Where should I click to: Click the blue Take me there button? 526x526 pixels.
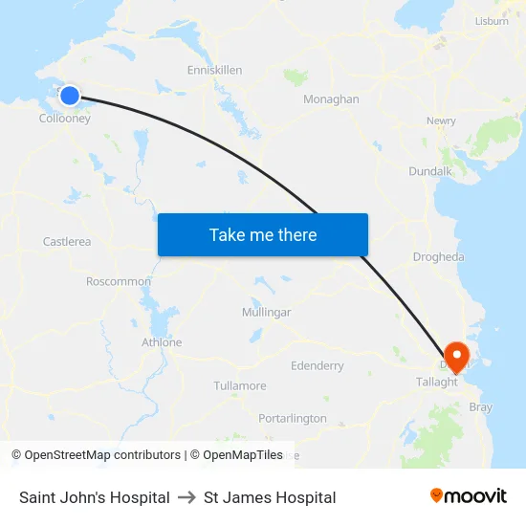coord(263,235)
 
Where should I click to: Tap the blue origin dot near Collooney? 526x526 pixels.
coord(70,96)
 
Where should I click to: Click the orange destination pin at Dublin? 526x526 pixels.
coord(456,355)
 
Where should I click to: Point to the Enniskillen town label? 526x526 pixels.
coord(214,70)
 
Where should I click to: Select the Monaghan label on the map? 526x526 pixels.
coord(331,99)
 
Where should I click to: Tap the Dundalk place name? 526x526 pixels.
coord(429,171)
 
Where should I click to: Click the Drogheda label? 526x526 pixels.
coord(438,257)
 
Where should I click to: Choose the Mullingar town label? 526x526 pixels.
coord(266,313)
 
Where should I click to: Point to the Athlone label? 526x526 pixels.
coord(162,342)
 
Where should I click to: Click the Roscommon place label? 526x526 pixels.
coord(119,282)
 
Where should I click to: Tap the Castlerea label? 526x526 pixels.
coord(67,242)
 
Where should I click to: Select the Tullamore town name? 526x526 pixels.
coord(240,386)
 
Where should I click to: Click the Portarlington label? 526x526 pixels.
coord(293,419)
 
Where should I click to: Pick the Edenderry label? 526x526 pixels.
coord(317,366)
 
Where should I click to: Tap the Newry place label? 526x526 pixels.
coord(441,121)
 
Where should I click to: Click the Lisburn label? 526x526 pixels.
coord(492,21)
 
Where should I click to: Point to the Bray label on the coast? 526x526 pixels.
coord(480,407)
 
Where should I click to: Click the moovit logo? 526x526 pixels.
coord(469,496)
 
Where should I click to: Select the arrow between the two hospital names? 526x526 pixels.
coord(186,497)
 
